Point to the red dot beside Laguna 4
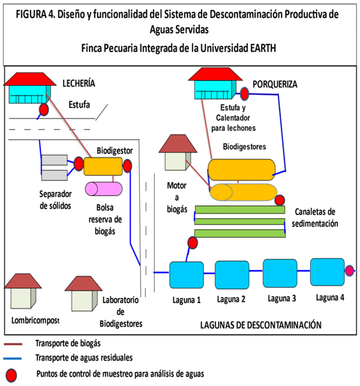point(350,271)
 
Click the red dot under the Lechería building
point(44,110)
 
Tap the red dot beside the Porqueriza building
point(245,94)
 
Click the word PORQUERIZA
point(274,85)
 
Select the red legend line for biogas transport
point(19,344)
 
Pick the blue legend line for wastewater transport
point(19,359)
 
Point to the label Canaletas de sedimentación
point(316,218)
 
